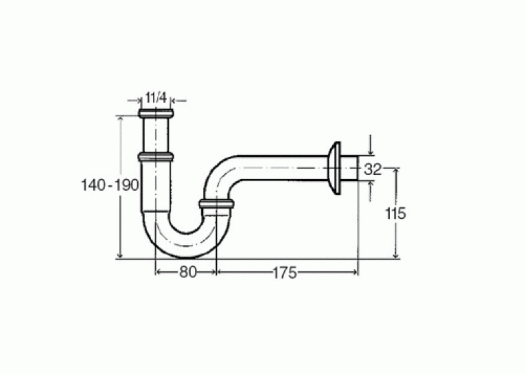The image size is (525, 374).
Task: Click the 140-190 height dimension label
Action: click(110, 185)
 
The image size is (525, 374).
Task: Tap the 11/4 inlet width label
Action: click(156, 98)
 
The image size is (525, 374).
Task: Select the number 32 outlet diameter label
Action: click(373, 170)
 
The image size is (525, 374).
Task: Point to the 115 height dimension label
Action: click(395, 213)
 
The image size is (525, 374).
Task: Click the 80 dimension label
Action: click(187, 272)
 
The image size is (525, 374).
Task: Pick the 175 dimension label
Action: click(285, 273)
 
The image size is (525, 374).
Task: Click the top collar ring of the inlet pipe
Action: click(156, 113)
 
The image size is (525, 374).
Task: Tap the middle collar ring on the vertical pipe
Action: click(156, 156)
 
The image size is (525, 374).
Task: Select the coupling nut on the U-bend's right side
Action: click(216, 204)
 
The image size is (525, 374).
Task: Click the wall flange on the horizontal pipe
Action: click(335, 167)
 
